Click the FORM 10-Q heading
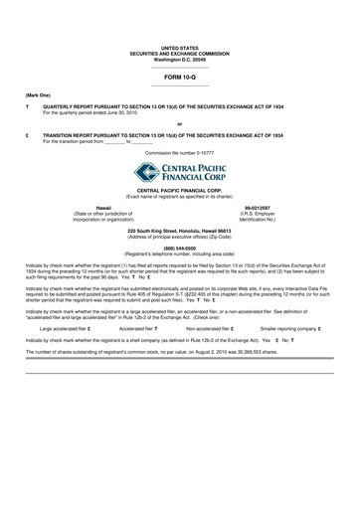(180, 76)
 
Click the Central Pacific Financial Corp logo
(180, 175)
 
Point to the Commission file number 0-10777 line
(180, 155)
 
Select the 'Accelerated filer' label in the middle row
(137, 298)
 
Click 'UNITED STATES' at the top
(180, 47)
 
